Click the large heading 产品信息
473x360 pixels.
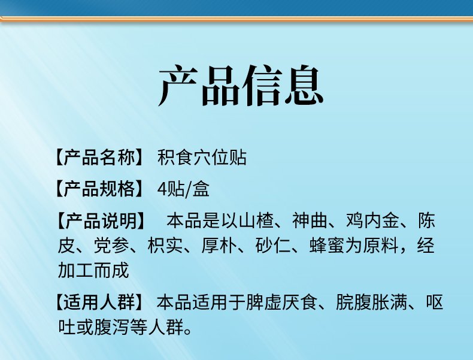(x=241, y=86)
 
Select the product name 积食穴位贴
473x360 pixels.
(x=202, y=157)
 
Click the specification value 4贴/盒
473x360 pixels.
(x=183, y=189)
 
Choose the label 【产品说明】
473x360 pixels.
(x=101, y=220)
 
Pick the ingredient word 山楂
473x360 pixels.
(x=256, y=220)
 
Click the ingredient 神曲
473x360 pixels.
(x=310, y=220)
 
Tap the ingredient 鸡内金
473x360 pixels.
(x=372, y=220)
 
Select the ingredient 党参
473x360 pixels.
(x=111, y=246)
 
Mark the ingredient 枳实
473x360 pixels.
(x=165, y=246)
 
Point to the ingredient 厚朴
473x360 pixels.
(x=219, y=246)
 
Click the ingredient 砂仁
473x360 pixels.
(x=273, y=246)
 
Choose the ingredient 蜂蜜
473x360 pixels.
(x=327, y=246)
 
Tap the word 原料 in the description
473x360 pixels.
(x=380, y=246)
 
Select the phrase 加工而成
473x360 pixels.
(x=93, y=270)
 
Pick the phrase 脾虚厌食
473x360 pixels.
(x=281, y=302)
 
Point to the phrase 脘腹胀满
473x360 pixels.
(x=371, y=302)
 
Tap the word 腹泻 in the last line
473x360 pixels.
(x=111, y=327)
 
